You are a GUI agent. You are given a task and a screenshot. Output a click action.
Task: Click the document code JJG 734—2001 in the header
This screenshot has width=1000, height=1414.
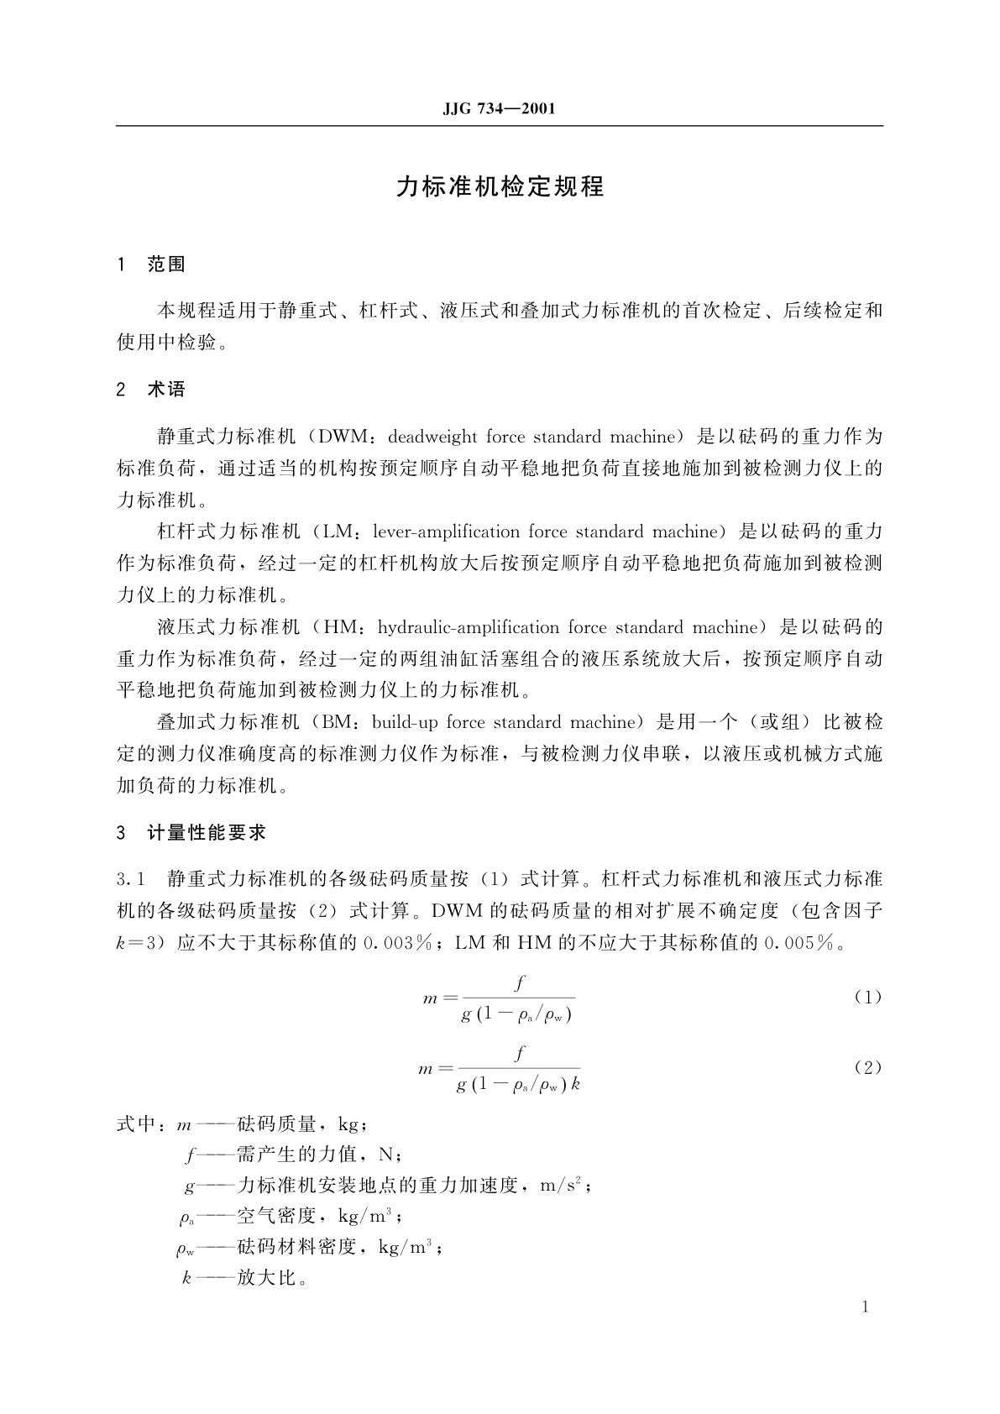[499, 109]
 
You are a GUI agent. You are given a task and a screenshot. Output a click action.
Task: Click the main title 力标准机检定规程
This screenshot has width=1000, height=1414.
[500, 186]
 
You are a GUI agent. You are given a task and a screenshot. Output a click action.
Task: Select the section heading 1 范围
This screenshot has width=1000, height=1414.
[151, 264]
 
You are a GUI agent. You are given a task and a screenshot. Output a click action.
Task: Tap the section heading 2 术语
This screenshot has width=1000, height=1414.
[151, 390]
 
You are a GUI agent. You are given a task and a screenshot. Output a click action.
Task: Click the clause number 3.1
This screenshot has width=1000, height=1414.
[133, 879]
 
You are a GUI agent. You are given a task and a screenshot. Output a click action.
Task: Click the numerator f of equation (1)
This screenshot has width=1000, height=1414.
[520, 982]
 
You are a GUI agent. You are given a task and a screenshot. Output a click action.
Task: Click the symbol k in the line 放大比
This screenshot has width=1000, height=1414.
[186, 1279]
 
